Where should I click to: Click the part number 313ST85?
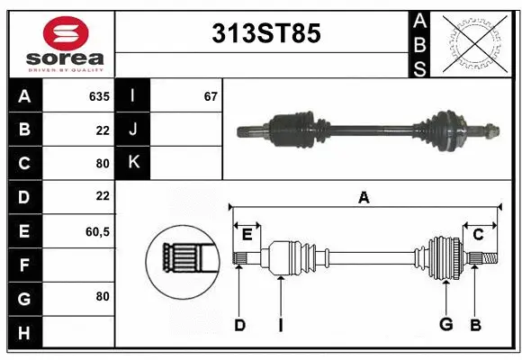[x=265, y=34]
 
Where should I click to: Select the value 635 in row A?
[x=98, y=96]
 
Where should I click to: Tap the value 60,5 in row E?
[x=97, y=231]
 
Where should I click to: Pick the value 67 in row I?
[x=211, y=96]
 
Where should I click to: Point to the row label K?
[x=133, y=163]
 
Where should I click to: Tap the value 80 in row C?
[x=102, y=164]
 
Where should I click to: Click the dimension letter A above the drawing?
[x=364, y=198]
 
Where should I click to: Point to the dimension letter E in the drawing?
[x=247, y=235]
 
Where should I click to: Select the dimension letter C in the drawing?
[x=478, y=235]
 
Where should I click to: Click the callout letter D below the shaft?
[x=239, y=325]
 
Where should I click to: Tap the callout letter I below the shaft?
[x=281, y=325]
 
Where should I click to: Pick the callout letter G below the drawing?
[x=445, y=325]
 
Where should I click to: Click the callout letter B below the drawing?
[x=475, y=325]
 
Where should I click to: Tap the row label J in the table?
[x=133, y=130]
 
